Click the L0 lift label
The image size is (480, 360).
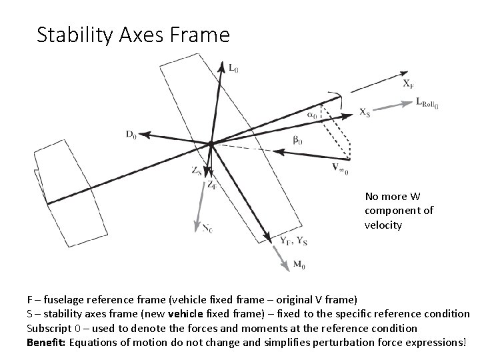coord(233,67)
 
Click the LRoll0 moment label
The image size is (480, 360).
coord(427,103)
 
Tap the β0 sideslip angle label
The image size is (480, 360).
coord(297,141)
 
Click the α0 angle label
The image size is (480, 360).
coord(311,115)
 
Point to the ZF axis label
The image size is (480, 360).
coord(211,185)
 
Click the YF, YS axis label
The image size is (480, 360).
coord(293,241)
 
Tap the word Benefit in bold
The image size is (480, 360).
coord(43,342)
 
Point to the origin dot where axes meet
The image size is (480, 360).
coord(210,143)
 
